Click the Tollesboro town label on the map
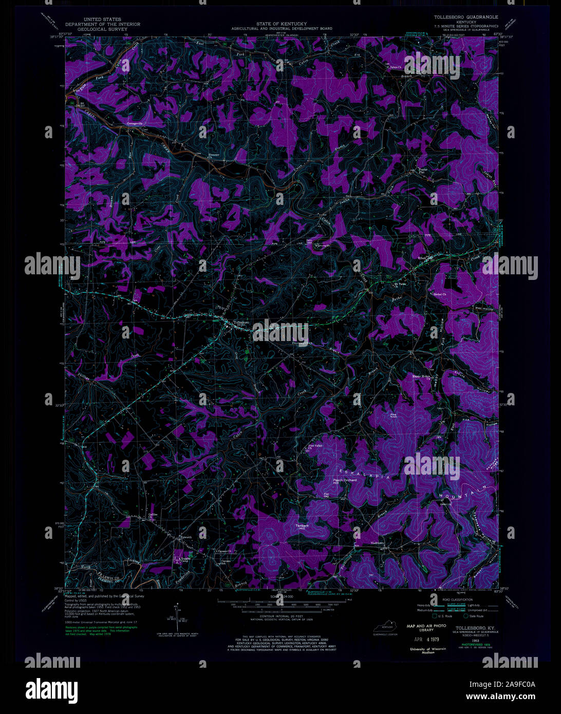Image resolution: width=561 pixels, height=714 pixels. pos(242,323)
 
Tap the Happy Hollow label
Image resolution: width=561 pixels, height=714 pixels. pos(422,376)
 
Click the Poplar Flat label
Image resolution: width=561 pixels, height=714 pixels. pos(423,171)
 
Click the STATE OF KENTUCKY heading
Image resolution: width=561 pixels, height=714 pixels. pos(282,24)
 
